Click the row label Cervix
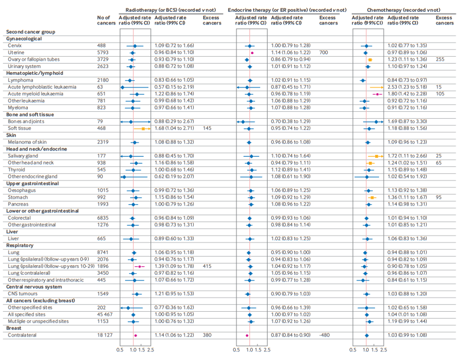click(x=15, y=45)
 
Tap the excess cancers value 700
click(x=324, y=52)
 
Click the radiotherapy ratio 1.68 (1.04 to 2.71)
click(x=174, y=128)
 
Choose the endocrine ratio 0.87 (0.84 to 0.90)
click(x=290, y=336)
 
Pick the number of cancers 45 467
click(x=106, y=314)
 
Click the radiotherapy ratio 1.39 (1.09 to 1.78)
click(x=174, y=266)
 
